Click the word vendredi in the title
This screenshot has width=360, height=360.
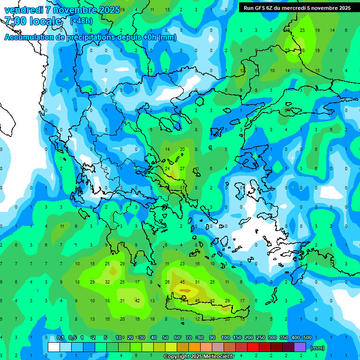pyautogui.click(x=23, y=10)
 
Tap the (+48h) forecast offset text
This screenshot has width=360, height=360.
pyautogui.click(x=81, y=21)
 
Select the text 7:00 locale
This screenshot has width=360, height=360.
pyautogui.click(x=33, y=21)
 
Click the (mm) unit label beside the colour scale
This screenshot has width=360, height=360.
pyautogui.click(x=317, y=348)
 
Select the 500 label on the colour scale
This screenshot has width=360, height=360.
pyautogui.click(x=307, y=337)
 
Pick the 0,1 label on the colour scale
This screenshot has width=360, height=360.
pyautogui.click(x=60, y=337)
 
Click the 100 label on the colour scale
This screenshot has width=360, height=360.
pyautogui.click(x=225, y=337)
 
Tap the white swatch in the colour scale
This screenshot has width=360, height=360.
pyautogui.click(x=54, y=347)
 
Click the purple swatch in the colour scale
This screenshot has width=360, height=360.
pyautogui.click(x=300, y=347)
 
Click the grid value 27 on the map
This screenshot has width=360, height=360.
pyautogui.click(x=182, y=168)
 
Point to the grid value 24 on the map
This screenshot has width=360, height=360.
pyautogui.click(x=167, y=168)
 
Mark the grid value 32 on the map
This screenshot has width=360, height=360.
pyautogui.click(x=107, y=282)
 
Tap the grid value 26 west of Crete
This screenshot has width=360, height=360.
pyautogui.click(x=167, y=282)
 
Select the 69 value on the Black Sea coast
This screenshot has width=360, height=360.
pyautogui.click(x=287, y=110)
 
